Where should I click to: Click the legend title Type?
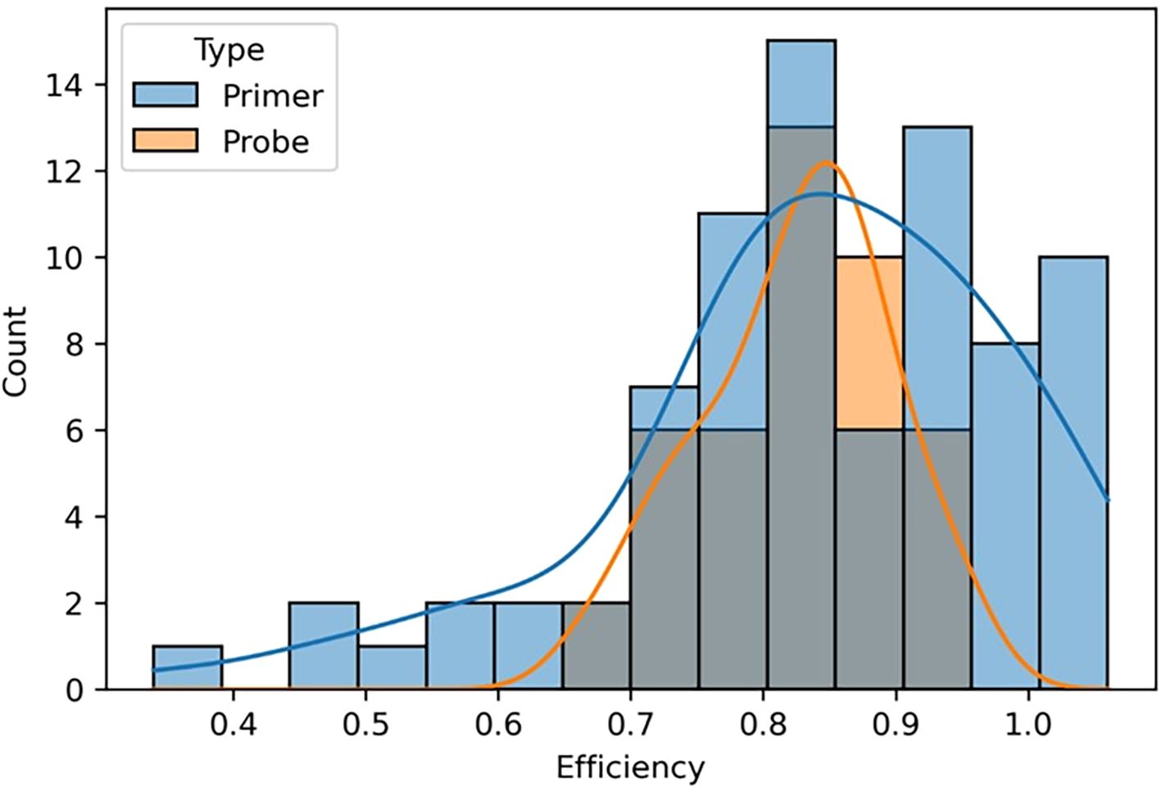pyautogui.click(x=229, y=51)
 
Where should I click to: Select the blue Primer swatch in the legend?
pyautogui.click(x=165, y=95)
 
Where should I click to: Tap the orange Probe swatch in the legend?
pyautogui.click(x=165, y=141)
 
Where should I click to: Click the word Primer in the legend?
pyautogui.click(x=273, y=96)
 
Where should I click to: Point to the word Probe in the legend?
pyautogui.click(x=265, y=142)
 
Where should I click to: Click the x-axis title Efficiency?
pyautogui.click(x=629, y=768)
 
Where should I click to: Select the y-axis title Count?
pyautogui.click(x=16, y=351)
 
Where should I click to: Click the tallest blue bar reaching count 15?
pyautogui.click(x=800, y=82)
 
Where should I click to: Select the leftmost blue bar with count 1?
pyautogui.click(x=187, y=668)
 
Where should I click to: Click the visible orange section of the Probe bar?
pyautogui.click(x=868, y=343)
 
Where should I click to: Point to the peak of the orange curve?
pyautogui.click(x=825, y=163)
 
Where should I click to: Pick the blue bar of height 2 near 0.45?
pyautogui.click(x=323, y=646)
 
